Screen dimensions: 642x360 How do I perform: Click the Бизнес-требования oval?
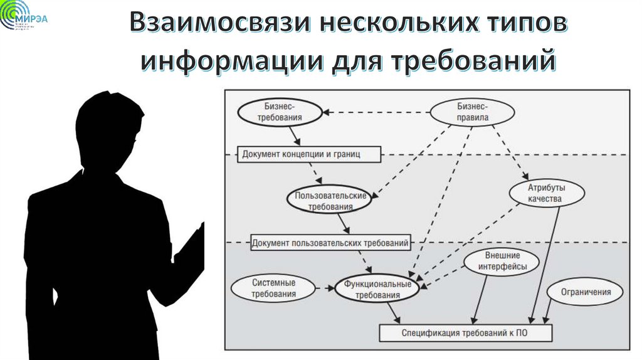tap(280, 113)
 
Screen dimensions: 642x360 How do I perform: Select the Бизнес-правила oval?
tap(472, 113)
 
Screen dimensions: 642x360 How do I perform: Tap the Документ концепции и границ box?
tap(300, 154)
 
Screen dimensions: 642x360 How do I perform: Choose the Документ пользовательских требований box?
tap(330, 242)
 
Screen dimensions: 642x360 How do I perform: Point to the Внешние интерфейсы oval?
tap(502, 262)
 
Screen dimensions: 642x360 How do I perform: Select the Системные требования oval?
tap(273, 288)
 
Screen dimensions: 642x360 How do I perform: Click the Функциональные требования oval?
tap(377, 289)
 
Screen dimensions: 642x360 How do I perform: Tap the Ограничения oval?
tap(586, 292)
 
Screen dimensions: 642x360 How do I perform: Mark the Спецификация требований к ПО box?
tap(465, 332)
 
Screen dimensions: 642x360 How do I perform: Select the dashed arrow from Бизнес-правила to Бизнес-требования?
tap(376, 113)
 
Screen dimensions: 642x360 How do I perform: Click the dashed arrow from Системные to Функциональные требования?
tap(324, 289)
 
